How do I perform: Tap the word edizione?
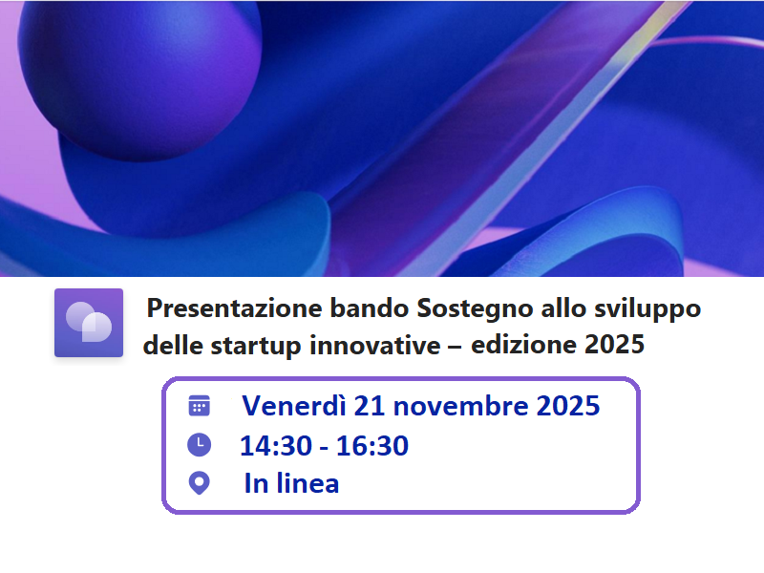coord(522,346)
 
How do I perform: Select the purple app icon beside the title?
coord(89,323)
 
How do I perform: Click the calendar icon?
coord(199,406)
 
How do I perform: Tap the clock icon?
coord(199,445)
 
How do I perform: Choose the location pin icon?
coord(199,483)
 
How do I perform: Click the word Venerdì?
coord(293,406)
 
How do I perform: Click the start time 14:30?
coord(270,445)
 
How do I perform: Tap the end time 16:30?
coord(376,445)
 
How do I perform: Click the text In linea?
coord(291,483)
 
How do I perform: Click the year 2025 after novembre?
coord(567,406)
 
